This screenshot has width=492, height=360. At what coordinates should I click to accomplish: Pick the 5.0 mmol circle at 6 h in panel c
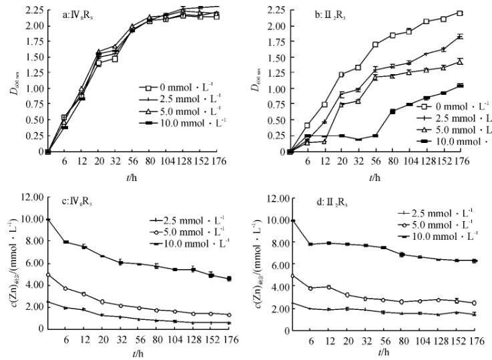(65, 289)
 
